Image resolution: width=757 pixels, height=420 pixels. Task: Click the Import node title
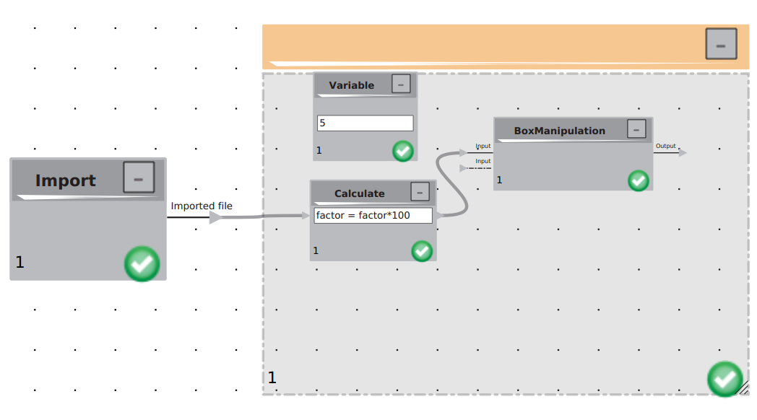[65, 180]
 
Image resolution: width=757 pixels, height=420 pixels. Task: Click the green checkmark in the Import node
[142, 264]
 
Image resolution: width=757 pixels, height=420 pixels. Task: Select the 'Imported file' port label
[202, 206]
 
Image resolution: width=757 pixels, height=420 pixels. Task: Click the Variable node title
[352, 85]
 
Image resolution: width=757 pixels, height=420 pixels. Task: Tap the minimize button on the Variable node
[401, 84]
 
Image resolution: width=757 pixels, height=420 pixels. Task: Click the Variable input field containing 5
[365, 123]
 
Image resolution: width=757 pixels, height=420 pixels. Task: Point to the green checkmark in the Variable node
[402, 151]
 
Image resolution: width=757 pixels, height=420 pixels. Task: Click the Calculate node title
[359, 193]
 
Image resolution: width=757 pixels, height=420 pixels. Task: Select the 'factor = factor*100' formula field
[373, 216]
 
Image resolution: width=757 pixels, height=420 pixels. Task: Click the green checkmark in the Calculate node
[421, 251]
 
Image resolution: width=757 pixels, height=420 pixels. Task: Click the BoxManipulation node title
[559, 131]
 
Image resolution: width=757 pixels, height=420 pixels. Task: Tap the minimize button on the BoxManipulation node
[636, 129]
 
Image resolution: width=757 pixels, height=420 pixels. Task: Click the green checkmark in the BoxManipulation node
[639, 181]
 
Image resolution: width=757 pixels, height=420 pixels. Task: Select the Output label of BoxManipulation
[665, 146]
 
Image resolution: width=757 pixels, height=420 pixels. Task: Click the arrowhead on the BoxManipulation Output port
[683, 153]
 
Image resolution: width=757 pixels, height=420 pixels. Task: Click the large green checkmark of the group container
[724, 379]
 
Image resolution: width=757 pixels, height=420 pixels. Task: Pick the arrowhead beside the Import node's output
[216, 217]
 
